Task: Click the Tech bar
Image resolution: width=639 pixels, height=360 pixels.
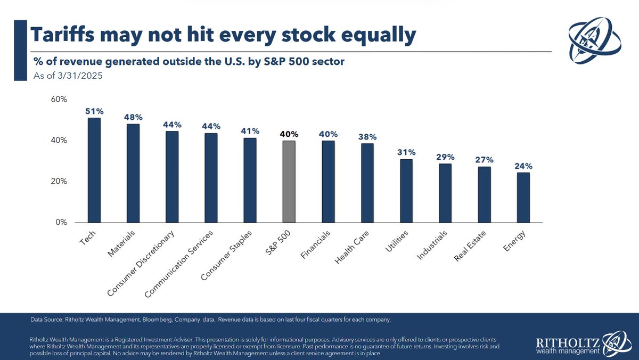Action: [94, 170]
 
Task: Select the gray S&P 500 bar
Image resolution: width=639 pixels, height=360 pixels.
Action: [289, 182]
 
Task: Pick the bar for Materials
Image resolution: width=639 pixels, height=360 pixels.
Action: [133, 173]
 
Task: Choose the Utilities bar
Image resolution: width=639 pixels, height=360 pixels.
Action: [406, 191]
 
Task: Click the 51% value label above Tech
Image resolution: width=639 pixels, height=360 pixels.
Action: [94, 111]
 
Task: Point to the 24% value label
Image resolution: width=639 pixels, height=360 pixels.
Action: [523, 166]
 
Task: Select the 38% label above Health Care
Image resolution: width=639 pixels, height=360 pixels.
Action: [367, 136]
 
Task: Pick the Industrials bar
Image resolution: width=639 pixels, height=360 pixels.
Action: [445, 193]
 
